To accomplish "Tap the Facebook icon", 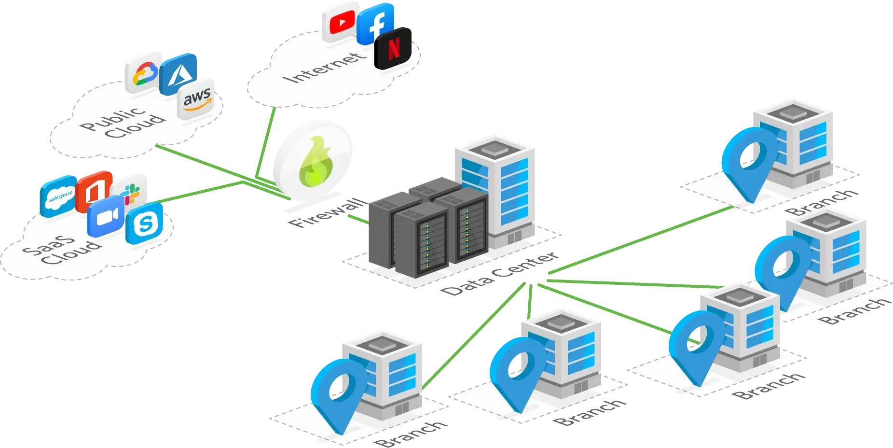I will coord(376,24).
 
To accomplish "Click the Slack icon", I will coord(132,191).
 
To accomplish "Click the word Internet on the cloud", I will coord(324,68).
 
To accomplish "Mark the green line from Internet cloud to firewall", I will coord(266,142).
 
